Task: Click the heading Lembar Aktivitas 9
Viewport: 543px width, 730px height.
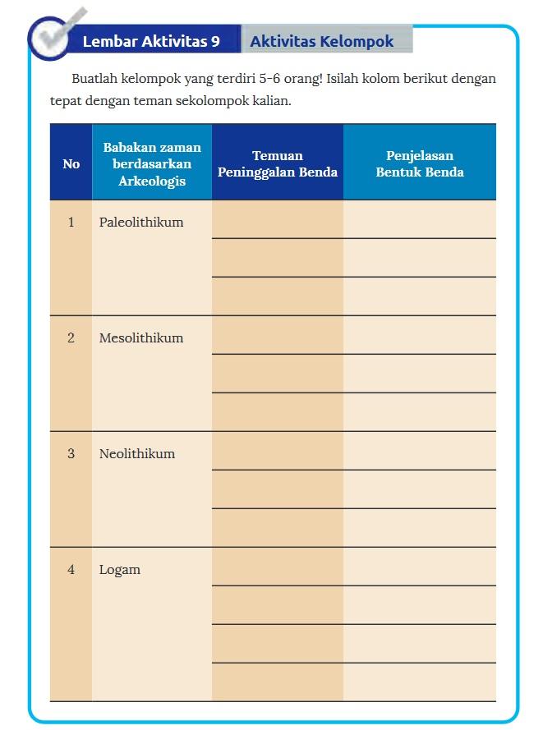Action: pyautogui.click(x=151, y=42)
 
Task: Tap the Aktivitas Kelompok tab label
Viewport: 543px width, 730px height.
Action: pyautogui.click(x=321, y=41)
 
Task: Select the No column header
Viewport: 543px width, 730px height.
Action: pyautogui.click(x=71, y=164)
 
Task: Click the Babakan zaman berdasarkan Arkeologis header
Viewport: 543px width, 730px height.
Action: pyautogui.click(x=152, y=164)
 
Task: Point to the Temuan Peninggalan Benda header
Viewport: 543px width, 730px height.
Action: pyautogui.click(x=278, y=163)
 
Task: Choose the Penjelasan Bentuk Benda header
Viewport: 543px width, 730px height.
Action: pyautogui.click(x=420, y=163)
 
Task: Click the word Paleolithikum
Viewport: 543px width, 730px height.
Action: pyautogui.click(x=141, y=223)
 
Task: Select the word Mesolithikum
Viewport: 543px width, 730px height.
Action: pyautogui.click(x=141, y=338)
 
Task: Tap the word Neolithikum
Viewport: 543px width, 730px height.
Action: pyautogui.click(x=137, y=454)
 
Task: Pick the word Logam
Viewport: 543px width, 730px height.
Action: pyautogui.click(x=120, y=570)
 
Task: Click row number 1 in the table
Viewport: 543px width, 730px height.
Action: pyautogui.click(x=71, y=223)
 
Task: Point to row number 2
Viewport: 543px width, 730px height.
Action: pyautogui.click(x=71, y=338)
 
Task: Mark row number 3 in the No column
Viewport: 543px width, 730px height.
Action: pyautogui.click(x=71, y=454)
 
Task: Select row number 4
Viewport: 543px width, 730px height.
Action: pyautogui.click(x=71, y=570)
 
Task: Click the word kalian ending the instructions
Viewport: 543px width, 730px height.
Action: pyautogui.click(x=270, y=103)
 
